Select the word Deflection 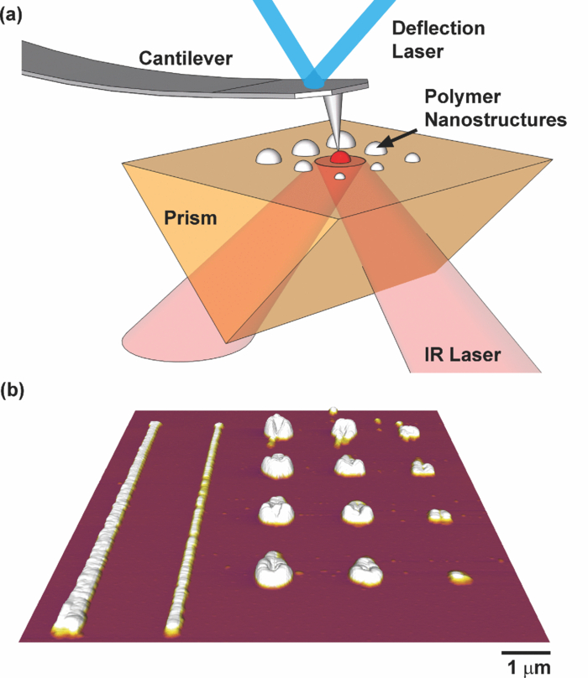pyautogui.click(x=439, y=29)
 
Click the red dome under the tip pyautogui.click(x=339, y=157)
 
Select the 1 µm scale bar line pyautogui.click(x=526, y=651)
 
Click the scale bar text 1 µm pyautogui.click(x=527, y=667)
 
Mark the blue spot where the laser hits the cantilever pyautogui.click(x=315, y=81)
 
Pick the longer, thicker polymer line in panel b pyautogui.click(x=109, y=529)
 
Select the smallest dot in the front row pyautogui.click(x=458, y=576)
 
